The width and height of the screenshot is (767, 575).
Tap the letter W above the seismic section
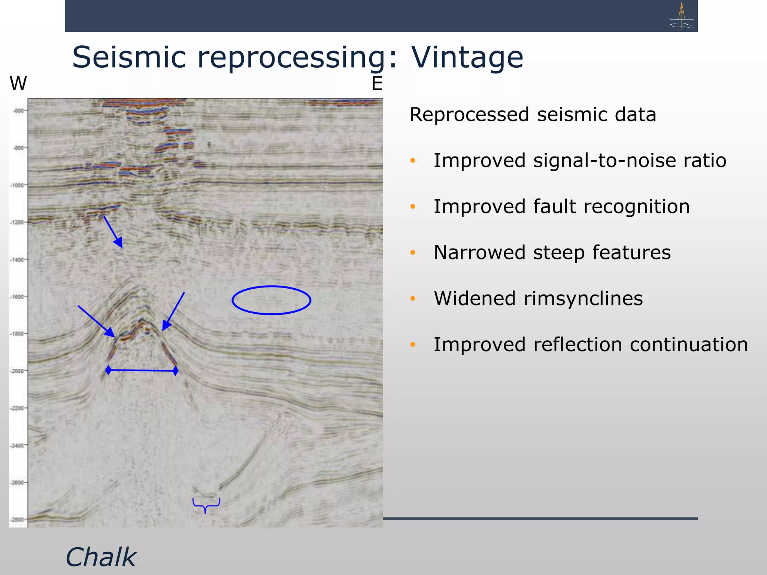[18, 83]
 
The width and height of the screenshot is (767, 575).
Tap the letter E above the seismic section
[377, 83]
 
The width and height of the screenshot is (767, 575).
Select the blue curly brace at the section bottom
[206, 505]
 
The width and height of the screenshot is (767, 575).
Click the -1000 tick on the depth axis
[18, 185]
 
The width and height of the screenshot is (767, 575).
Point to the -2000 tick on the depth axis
[18, 371]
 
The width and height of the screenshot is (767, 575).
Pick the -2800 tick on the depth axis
[18, 520]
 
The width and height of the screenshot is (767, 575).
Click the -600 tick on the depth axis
[19, 111]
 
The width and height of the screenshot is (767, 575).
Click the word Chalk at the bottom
[100, 557]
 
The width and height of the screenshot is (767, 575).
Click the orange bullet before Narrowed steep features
[413, 253]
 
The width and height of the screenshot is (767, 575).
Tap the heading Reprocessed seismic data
[533, 115]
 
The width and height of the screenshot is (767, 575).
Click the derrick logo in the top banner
[681, 16]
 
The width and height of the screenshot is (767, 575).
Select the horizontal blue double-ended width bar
[142, 371]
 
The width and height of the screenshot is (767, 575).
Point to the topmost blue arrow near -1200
[113, 232]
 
